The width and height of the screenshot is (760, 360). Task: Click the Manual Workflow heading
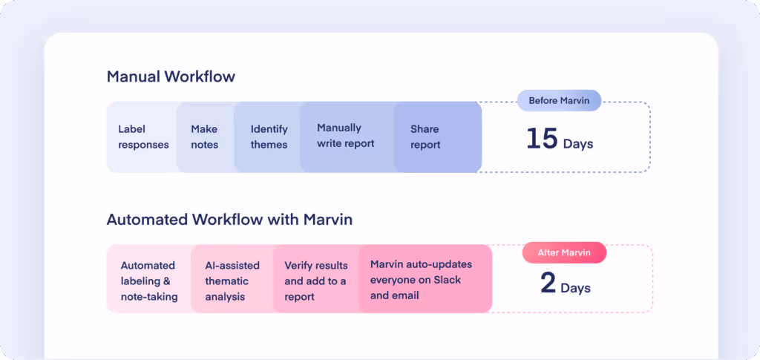point(171,76)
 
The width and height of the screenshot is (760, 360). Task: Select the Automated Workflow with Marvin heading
point(229,220)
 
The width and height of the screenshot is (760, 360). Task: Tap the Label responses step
point(143,137)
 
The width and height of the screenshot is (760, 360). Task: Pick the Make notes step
point(205,137)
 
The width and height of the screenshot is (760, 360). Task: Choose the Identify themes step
point(269,137)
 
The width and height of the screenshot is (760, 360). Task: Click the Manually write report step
point(346,136)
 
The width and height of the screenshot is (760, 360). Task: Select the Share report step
point(425,137)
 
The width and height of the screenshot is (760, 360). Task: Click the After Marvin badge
point(564,252)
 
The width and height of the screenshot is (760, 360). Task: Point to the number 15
point(542,139)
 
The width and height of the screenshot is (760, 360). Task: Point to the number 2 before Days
point(548,284)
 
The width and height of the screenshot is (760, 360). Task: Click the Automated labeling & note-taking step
point(149,281)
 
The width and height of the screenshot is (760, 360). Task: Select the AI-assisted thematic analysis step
point(232,281)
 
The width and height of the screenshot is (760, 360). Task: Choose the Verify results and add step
point(315,281)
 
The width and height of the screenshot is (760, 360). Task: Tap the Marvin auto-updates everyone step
point(421,280)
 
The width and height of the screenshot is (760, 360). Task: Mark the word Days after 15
point(577,144)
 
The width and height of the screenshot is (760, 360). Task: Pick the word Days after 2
point(576,287)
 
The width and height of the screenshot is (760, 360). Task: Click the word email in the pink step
point(405,295)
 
